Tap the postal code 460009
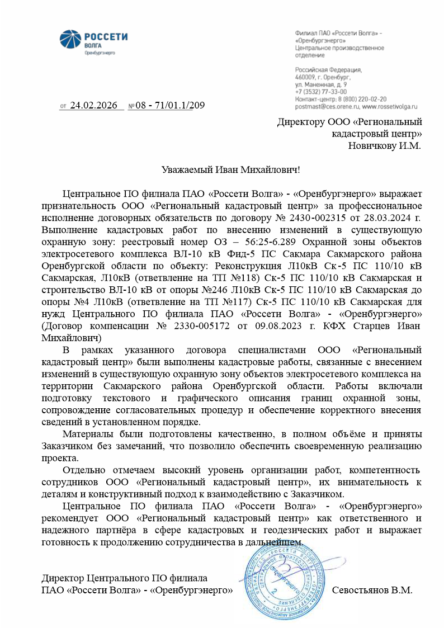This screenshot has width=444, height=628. pyautogui.click(x=305, y=77)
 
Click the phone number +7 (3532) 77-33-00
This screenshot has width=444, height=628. pyautogui.click(x=321, y=91)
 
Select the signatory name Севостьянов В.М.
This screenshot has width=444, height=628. pyautogui.click(x=372, y=590)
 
